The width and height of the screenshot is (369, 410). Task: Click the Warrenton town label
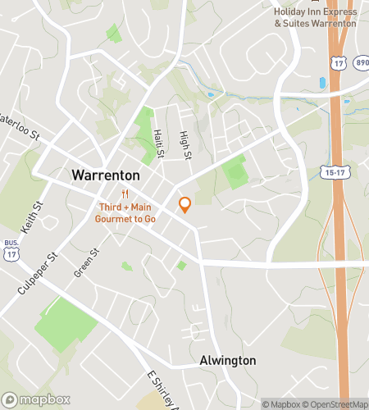pyautogui.click(x=105, y=175)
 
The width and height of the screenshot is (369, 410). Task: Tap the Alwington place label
pyautogui.click(x=228, y=361)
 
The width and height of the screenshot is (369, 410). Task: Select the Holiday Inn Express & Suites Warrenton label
pyautogui.click(x=315, y=16)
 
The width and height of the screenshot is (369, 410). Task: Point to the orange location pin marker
pyautogui.click(x=185, y=204)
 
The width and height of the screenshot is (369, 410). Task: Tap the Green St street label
pyautogui.click(x=85, y=262)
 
